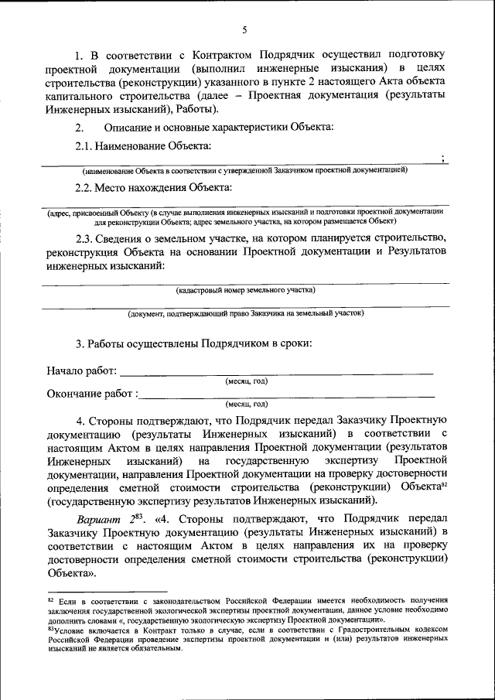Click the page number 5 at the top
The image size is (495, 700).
click(x=244, y=29)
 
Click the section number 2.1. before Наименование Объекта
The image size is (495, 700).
click(x=87, y=145)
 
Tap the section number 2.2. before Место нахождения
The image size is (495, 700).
click(x=87, y=186)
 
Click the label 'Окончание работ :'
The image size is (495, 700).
click(x=92, y=394)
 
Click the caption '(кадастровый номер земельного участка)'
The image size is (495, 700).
click(x=246, y=290)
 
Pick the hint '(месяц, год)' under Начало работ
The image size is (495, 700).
click(x=247, y=381)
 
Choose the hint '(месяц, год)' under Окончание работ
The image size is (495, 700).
click(x=247, y=404)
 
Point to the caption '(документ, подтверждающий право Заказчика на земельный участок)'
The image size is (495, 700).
click(x=246, y=313)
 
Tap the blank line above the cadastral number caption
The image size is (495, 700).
click(x=246, y=284)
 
